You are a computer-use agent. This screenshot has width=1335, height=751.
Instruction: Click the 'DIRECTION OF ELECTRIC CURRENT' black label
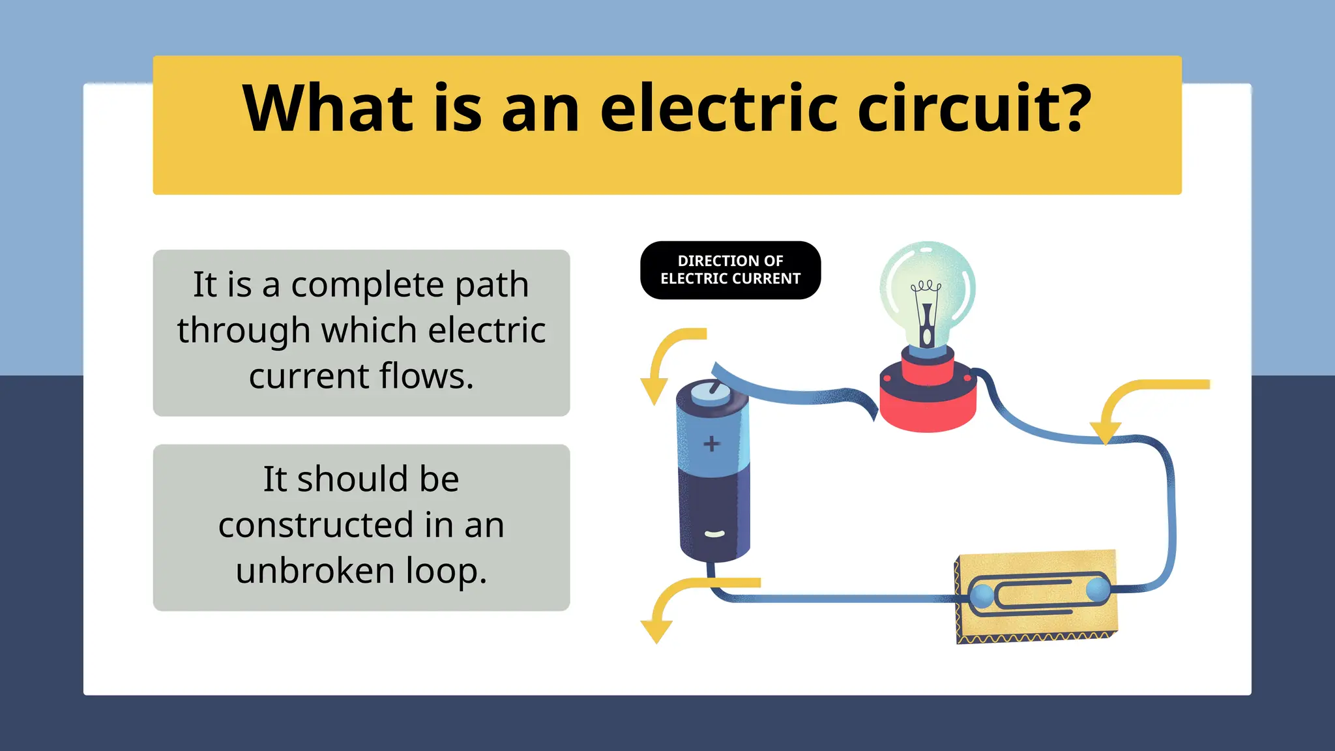(x=730, y=270)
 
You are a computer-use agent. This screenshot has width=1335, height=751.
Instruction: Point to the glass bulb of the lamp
(x=927, y=287)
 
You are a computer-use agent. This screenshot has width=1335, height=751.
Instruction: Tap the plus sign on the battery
(x=711, y=444)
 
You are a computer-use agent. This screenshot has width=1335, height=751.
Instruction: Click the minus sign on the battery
(x=714, y=535)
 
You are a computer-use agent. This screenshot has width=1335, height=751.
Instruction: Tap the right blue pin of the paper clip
(x=1098, y=589)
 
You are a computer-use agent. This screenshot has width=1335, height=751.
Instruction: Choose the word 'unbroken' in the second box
(x=315, y=570)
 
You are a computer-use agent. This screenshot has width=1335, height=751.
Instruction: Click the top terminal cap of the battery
(x=711, y=393)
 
